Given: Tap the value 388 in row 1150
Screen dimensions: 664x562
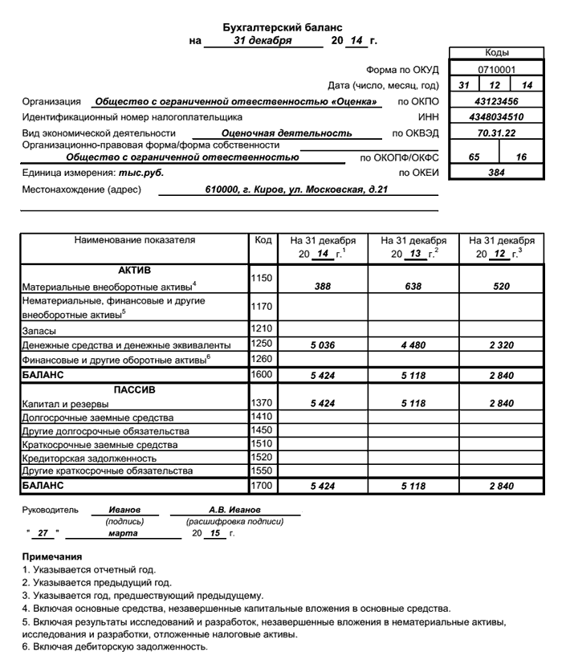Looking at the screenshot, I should (x=323, y=286).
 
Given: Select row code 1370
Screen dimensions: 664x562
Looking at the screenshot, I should (x=263, y=403).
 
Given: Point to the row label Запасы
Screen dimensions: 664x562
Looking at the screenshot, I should (x=39, y=330).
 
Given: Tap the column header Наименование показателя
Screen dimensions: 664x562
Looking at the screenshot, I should (x=135, y=240).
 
